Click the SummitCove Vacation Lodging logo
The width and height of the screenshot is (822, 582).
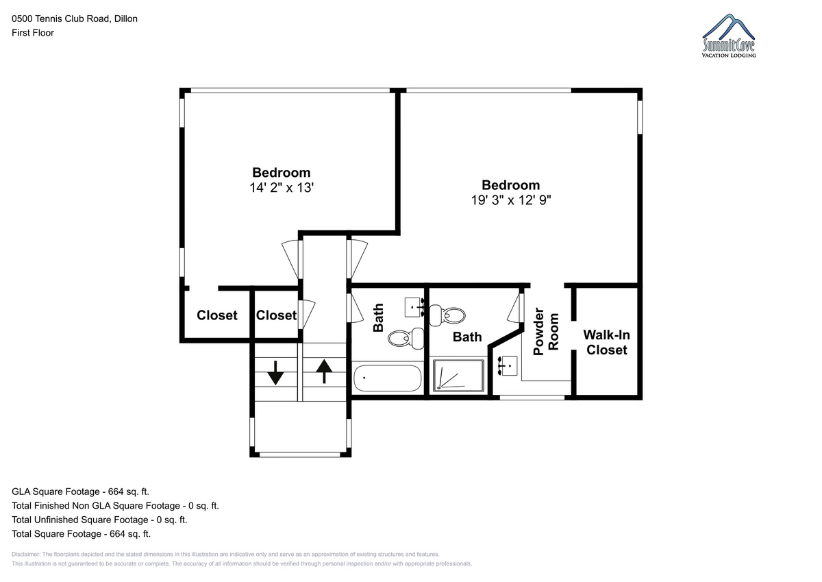click(729, 36)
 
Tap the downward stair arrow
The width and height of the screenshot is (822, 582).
click(275, 373)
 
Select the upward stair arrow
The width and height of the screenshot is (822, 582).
click(324, 372)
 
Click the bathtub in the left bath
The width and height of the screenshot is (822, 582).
click(387, 378)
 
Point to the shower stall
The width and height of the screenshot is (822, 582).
click(458, 376)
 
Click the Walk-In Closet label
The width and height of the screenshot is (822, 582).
click(607, 342)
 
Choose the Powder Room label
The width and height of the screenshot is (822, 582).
click(546, 332)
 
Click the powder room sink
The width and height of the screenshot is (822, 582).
click(508, 366)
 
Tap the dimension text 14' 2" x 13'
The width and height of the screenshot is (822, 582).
click(282, 188)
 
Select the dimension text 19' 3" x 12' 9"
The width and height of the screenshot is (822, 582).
click(511, 200)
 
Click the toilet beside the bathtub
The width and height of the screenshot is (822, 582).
click(406, 338)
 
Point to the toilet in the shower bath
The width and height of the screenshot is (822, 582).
click(447, 315)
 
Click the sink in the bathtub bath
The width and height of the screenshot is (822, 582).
click(414, 307)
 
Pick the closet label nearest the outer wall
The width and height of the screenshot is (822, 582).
click(217, 315)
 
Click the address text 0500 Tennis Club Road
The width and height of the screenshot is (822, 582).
click(60, 19)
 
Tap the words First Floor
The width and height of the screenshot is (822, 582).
click(33, 33)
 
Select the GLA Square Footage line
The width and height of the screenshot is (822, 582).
click(80, 492)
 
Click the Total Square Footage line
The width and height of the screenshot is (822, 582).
click(81, 533)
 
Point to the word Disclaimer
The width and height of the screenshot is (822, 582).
click(26, 554)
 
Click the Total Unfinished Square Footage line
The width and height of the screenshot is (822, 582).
click(99, 520)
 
